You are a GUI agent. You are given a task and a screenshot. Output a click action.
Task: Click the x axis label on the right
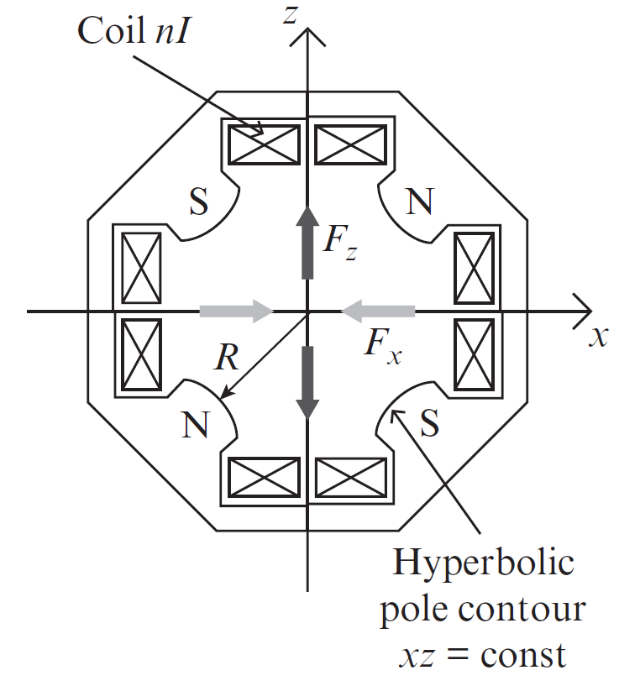pyautogui.click(x=598, y=338)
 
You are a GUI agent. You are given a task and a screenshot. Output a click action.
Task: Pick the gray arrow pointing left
pyautogui.click(x=378, y=312)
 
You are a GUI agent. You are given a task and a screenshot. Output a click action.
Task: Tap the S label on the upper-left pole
pyautogui.click(x=198, y=202)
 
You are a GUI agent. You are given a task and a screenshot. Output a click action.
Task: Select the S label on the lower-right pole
pyautogui.click(x=428, y=426)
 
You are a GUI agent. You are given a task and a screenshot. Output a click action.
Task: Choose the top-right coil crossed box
pyautogui.click(x=351, y=142)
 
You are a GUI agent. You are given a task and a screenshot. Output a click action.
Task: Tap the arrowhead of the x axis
pyautogui.click(x=583, y=312)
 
